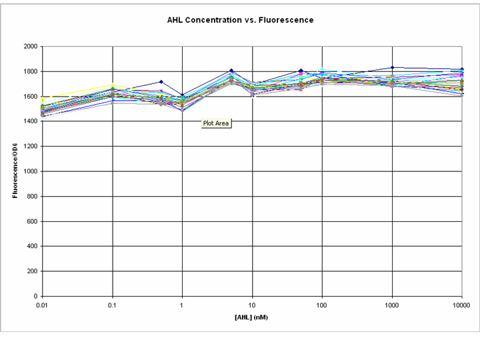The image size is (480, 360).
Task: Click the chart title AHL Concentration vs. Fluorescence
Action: click(240, 20)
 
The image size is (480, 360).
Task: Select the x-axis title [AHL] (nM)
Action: click(252, 317)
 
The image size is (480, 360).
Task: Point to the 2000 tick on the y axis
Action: click(30, 47)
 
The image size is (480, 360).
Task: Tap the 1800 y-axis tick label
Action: click(30, 71)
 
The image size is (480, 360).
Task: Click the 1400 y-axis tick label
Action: click(30, 121)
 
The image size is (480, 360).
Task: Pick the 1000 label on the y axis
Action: click(30, 171)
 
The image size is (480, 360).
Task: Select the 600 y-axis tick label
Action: click(32, 221)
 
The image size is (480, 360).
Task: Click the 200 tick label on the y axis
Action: click(32, 271)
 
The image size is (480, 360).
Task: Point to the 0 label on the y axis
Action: click(35, 296)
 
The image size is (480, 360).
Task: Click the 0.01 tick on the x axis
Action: click(43, 304)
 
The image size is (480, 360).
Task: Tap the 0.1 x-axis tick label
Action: click(112, 304)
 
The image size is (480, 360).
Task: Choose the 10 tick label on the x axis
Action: click(252, 304)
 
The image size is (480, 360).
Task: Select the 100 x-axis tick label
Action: click(322, 304)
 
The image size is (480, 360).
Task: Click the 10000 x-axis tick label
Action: click(461, 304)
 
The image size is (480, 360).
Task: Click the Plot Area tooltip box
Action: click(217, 123)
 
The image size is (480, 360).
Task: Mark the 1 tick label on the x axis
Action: click(182, 304)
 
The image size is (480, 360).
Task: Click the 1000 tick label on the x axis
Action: click(392, 304)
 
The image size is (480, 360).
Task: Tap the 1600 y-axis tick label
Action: click(30, 97)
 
